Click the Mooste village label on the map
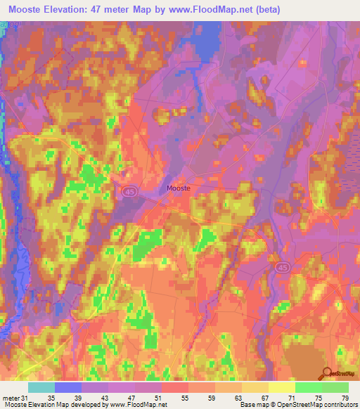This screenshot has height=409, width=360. [x=179, y=188]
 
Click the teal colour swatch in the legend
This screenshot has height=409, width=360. [x=41, y=387]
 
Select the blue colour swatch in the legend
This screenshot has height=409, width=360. [x=68, y=387]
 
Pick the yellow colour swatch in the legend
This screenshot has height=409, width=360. [x=282, y=387]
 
